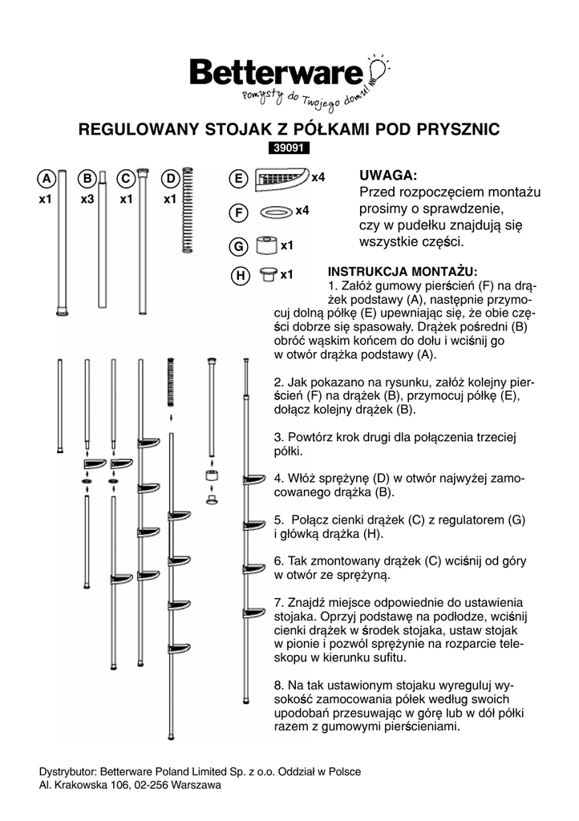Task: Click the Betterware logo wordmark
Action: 276,74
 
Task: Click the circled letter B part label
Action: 88,178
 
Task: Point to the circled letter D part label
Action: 170,178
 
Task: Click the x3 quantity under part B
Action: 88,199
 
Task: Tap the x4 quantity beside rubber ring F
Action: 302,211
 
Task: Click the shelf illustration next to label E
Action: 281,179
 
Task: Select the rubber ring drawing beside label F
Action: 275,212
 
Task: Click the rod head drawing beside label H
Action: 268,276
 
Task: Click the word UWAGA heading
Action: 387,176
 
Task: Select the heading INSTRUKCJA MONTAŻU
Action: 403,271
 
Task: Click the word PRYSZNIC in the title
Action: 458,128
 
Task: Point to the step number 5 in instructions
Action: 277,520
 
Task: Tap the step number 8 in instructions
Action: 277,687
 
